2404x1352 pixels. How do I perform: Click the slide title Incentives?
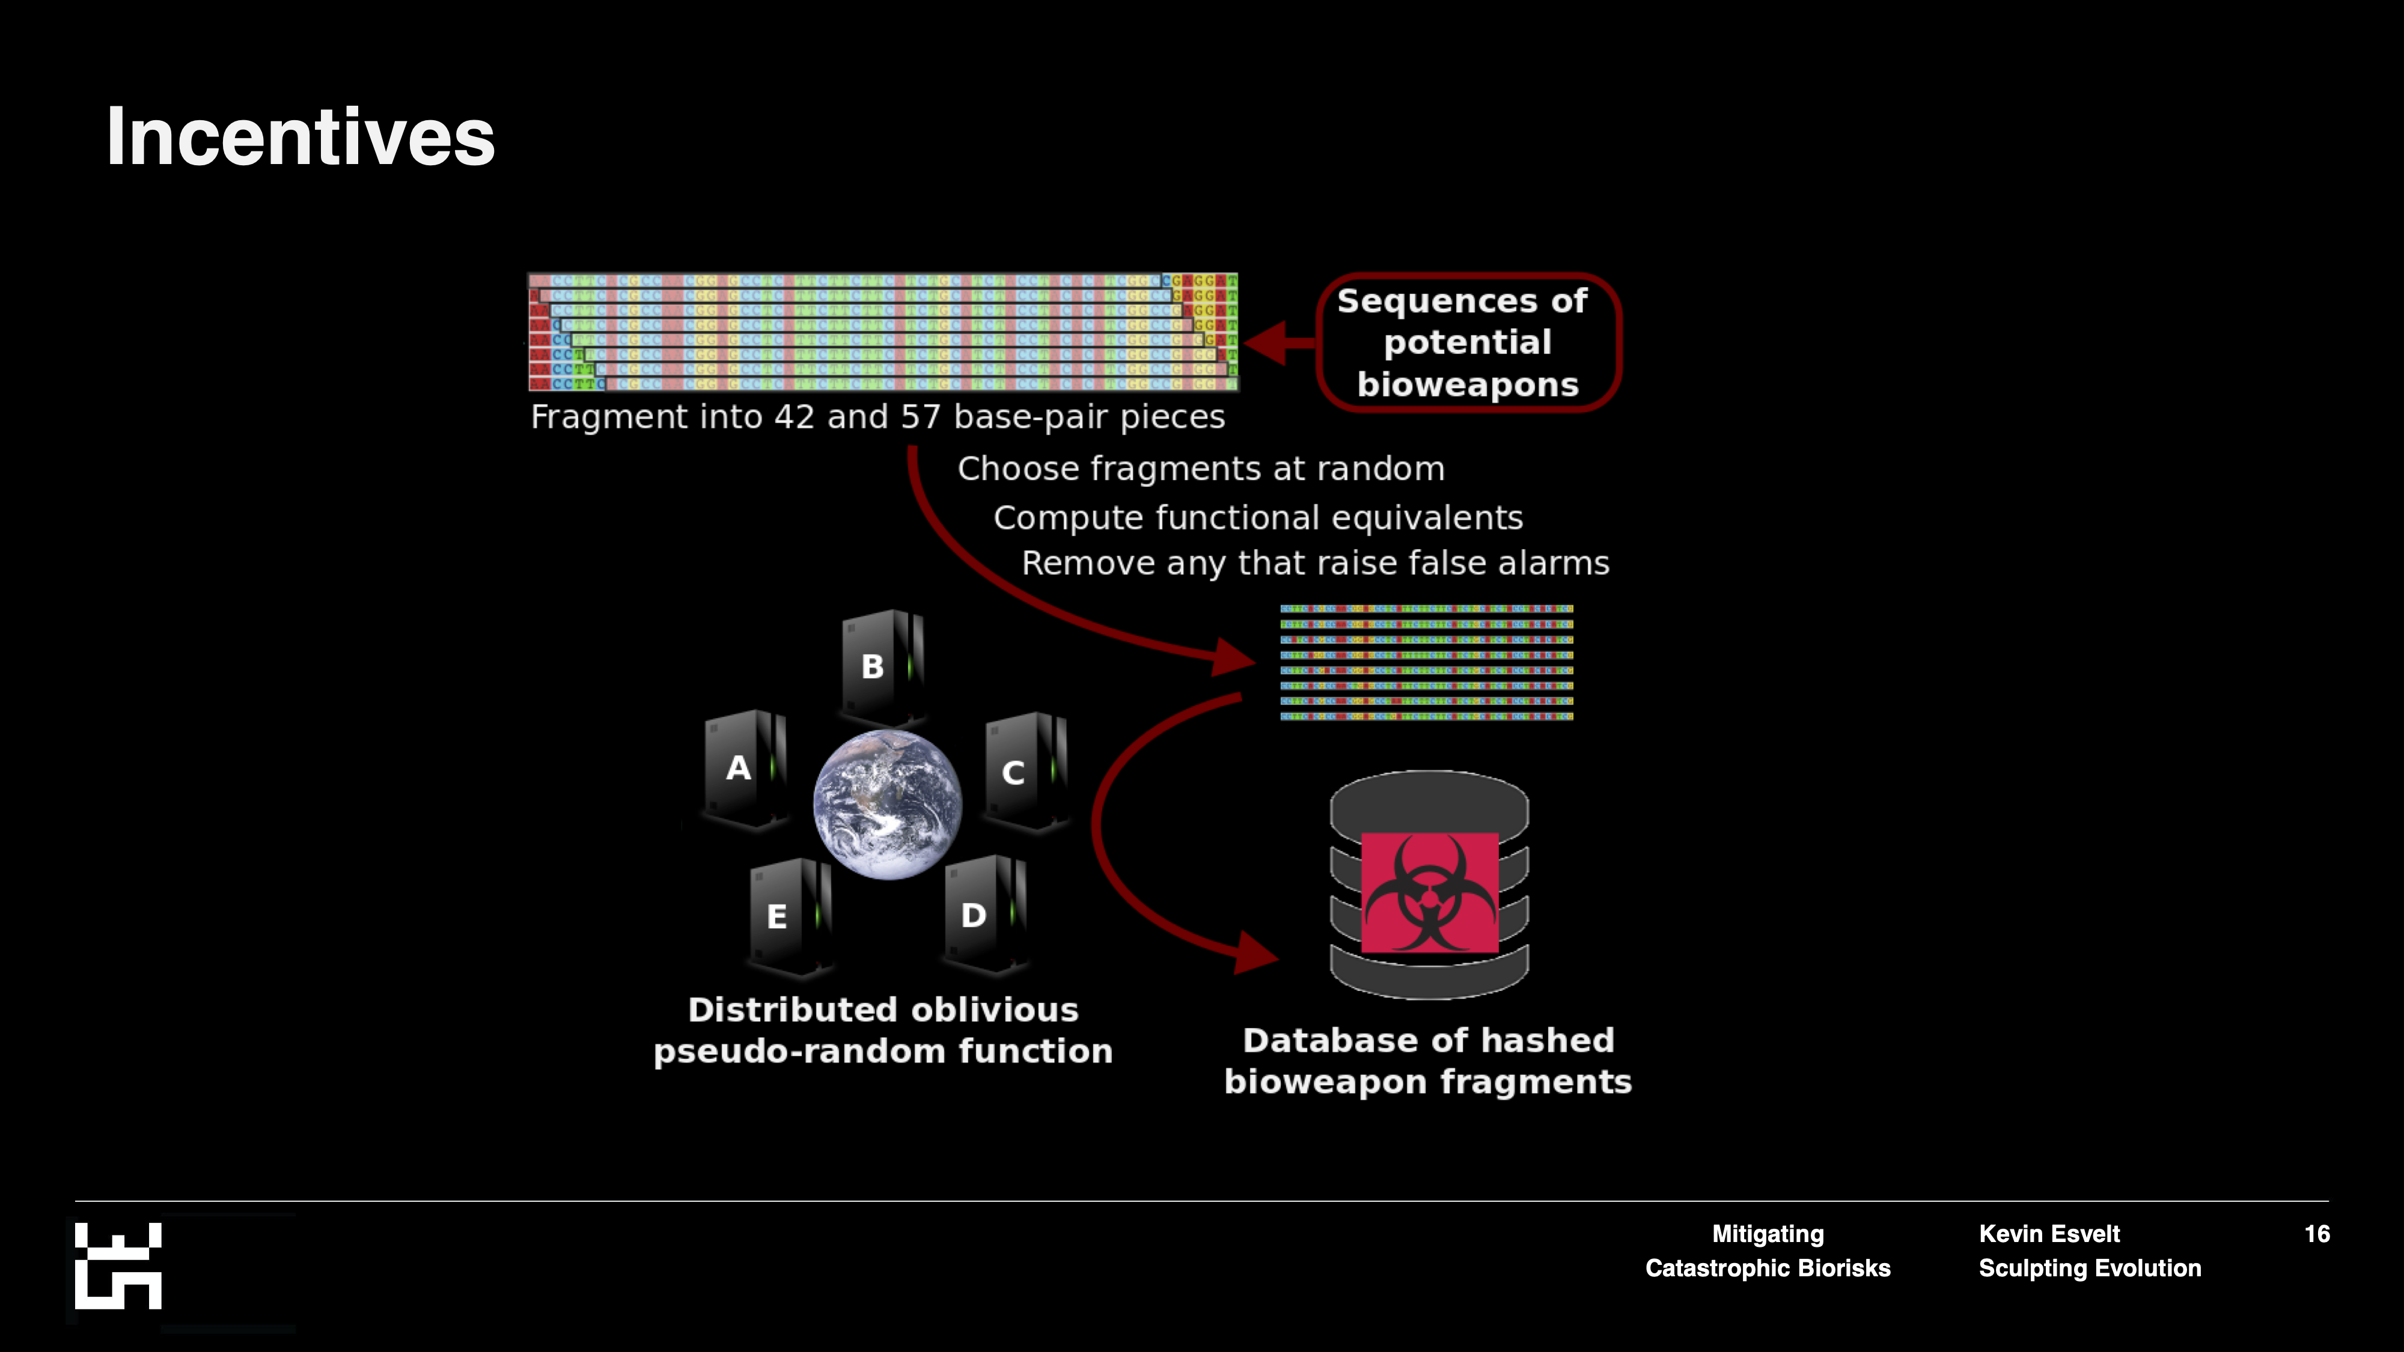300,137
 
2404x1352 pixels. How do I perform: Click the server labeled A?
745,769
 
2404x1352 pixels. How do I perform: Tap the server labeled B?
880,666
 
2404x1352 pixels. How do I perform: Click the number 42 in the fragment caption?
794,417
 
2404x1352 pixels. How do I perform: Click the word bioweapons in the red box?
1467,385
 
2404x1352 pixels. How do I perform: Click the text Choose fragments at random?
1201,469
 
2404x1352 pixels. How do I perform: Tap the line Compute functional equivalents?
1257,518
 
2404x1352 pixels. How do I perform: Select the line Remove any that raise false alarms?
1315,564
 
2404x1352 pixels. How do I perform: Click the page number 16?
2316,1234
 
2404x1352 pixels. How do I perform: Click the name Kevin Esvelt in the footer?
2049,1234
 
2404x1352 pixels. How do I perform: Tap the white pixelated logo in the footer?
118,1266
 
